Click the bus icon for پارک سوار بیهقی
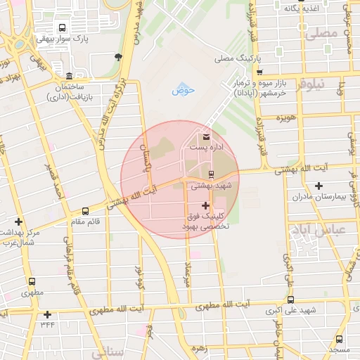point(63,29)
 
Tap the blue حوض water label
point(182,91)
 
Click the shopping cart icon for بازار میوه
point(260,72)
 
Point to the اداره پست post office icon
point(206,136)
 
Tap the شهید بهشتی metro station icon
point(211,174)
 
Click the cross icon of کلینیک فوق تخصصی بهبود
point(205,205)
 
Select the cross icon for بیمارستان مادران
point(319,186)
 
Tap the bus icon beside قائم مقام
point(86,210)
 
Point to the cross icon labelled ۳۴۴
point(47,314)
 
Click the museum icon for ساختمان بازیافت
point(68,76)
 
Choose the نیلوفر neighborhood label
point(309,84)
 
